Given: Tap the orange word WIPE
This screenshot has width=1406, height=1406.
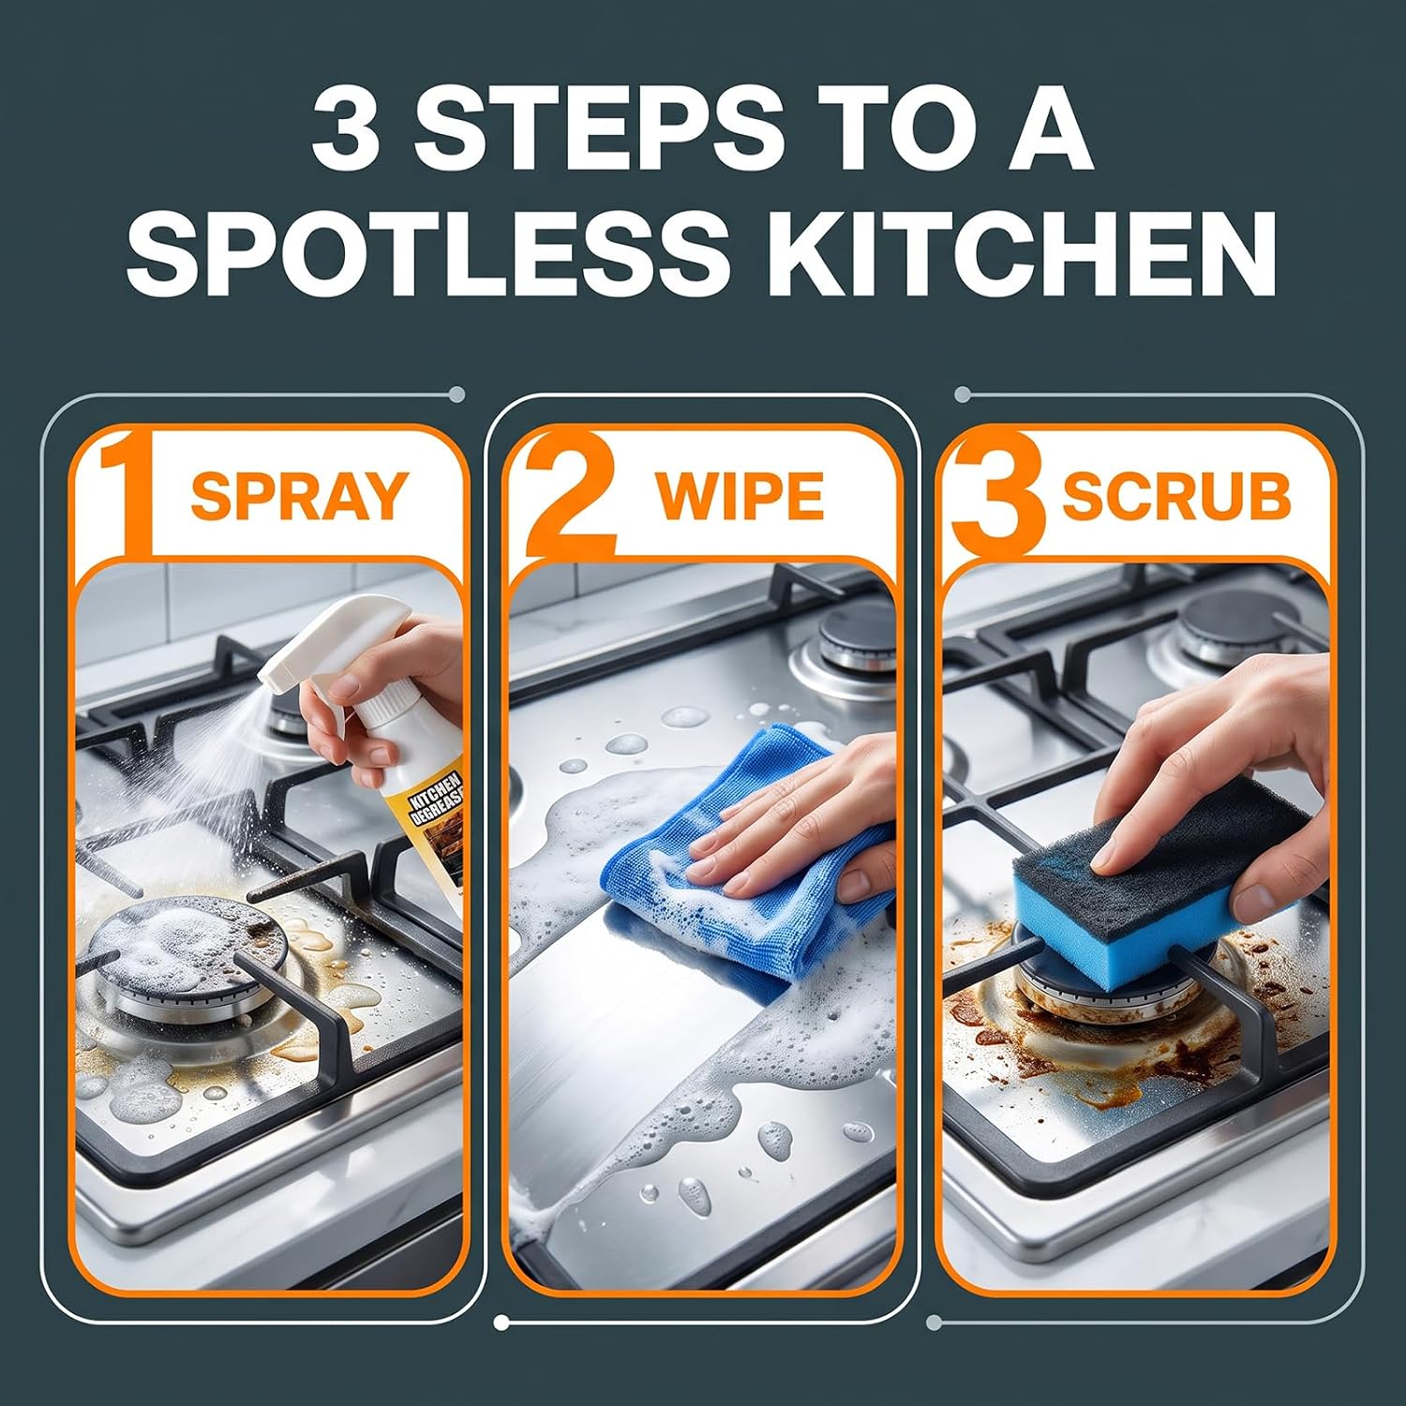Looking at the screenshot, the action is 740,497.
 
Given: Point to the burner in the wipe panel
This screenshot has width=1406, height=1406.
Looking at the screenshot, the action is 836,647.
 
